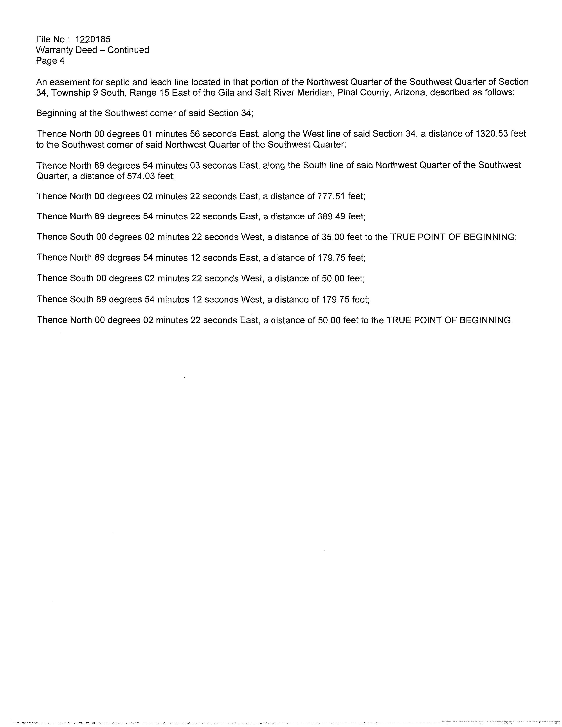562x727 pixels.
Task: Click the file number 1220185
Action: (x=93, y=40)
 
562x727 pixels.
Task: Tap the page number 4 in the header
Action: (x=62, y=61)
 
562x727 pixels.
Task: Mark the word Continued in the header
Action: (x=128, y=50)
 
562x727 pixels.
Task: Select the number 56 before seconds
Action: (x=195, y=134)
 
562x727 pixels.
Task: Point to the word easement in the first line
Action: (x=67, y=82)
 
